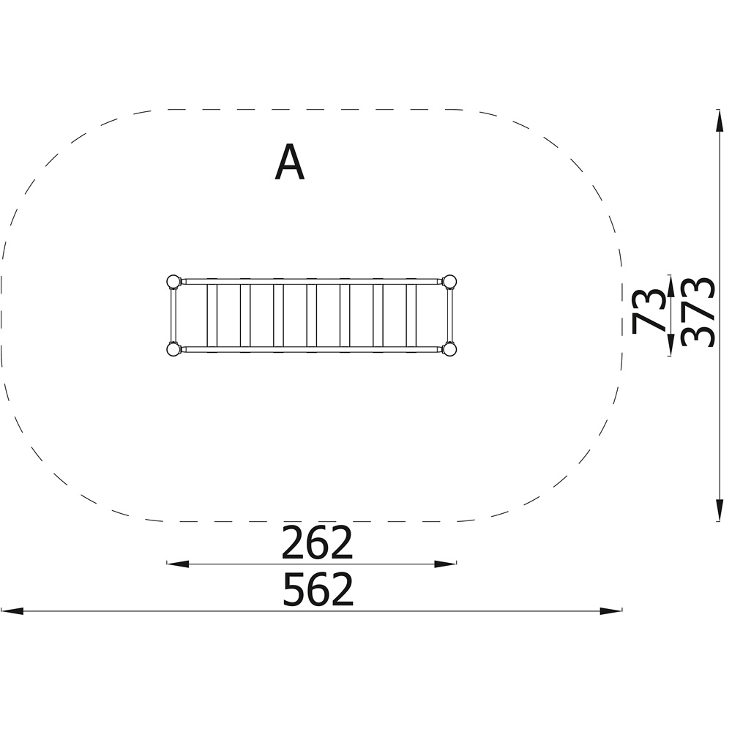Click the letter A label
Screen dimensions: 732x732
coord(289,162)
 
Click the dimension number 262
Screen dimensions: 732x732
coord(317,543)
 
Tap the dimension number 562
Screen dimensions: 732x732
coord(318,589)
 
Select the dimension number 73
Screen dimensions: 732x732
coord(647,311)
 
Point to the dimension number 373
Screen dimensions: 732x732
coord(698,313)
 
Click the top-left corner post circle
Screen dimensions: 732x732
coord(173,282)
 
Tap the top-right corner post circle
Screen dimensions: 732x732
coord(449,282)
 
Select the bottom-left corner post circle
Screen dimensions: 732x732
coord(173,349)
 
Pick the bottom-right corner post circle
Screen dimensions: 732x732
coord(449,349)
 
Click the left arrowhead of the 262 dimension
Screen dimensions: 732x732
coord(177,564)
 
